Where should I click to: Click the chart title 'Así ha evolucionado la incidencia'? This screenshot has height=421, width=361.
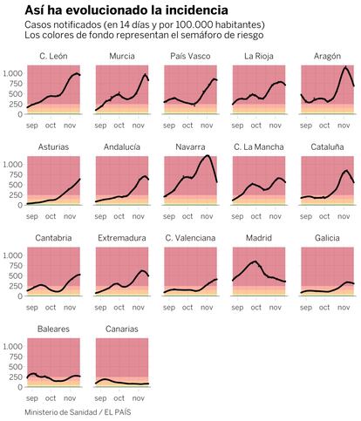[x=126, y=10]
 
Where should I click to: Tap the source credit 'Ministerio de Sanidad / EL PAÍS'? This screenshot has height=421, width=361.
[x=78, y=412]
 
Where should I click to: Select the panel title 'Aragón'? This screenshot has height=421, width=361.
[x=327, y=57]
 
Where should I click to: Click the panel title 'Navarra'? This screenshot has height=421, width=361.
[x=190, y=147]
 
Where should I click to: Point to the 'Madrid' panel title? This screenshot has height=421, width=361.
[x=259, y=238]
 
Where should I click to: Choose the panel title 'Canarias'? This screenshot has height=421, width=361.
[x=122, y=329]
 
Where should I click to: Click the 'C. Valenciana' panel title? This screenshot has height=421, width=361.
[x=190, y=238]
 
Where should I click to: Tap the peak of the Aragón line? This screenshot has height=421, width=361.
[x=345, y=68]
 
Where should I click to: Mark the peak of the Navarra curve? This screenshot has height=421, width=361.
[x=208, y=156]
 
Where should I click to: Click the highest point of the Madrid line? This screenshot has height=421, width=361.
[x=255, y=261]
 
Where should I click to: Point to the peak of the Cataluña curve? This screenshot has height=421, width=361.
[x=346, y=171]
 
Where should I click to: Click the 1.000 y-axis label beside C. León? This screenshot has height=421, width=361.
[x=12, y=73]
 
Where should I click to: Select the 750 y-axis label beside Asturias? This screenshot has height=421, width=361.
[x=17, y=174]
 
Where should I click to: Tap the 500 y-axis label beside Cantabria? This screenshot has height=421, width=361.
[x=17, y=275]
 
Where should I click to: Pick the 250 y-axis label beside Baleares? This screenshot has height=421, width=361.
[x=17, y=377]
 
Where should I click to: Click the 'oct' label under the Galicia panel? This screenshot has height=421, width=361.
[x=324, y=308]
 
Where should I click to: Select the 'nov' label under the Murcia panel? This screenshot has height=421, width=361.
[x=139, y=126]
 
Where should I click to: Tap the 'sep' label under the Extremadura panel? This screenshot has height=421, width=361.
[x=100, y=308]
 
